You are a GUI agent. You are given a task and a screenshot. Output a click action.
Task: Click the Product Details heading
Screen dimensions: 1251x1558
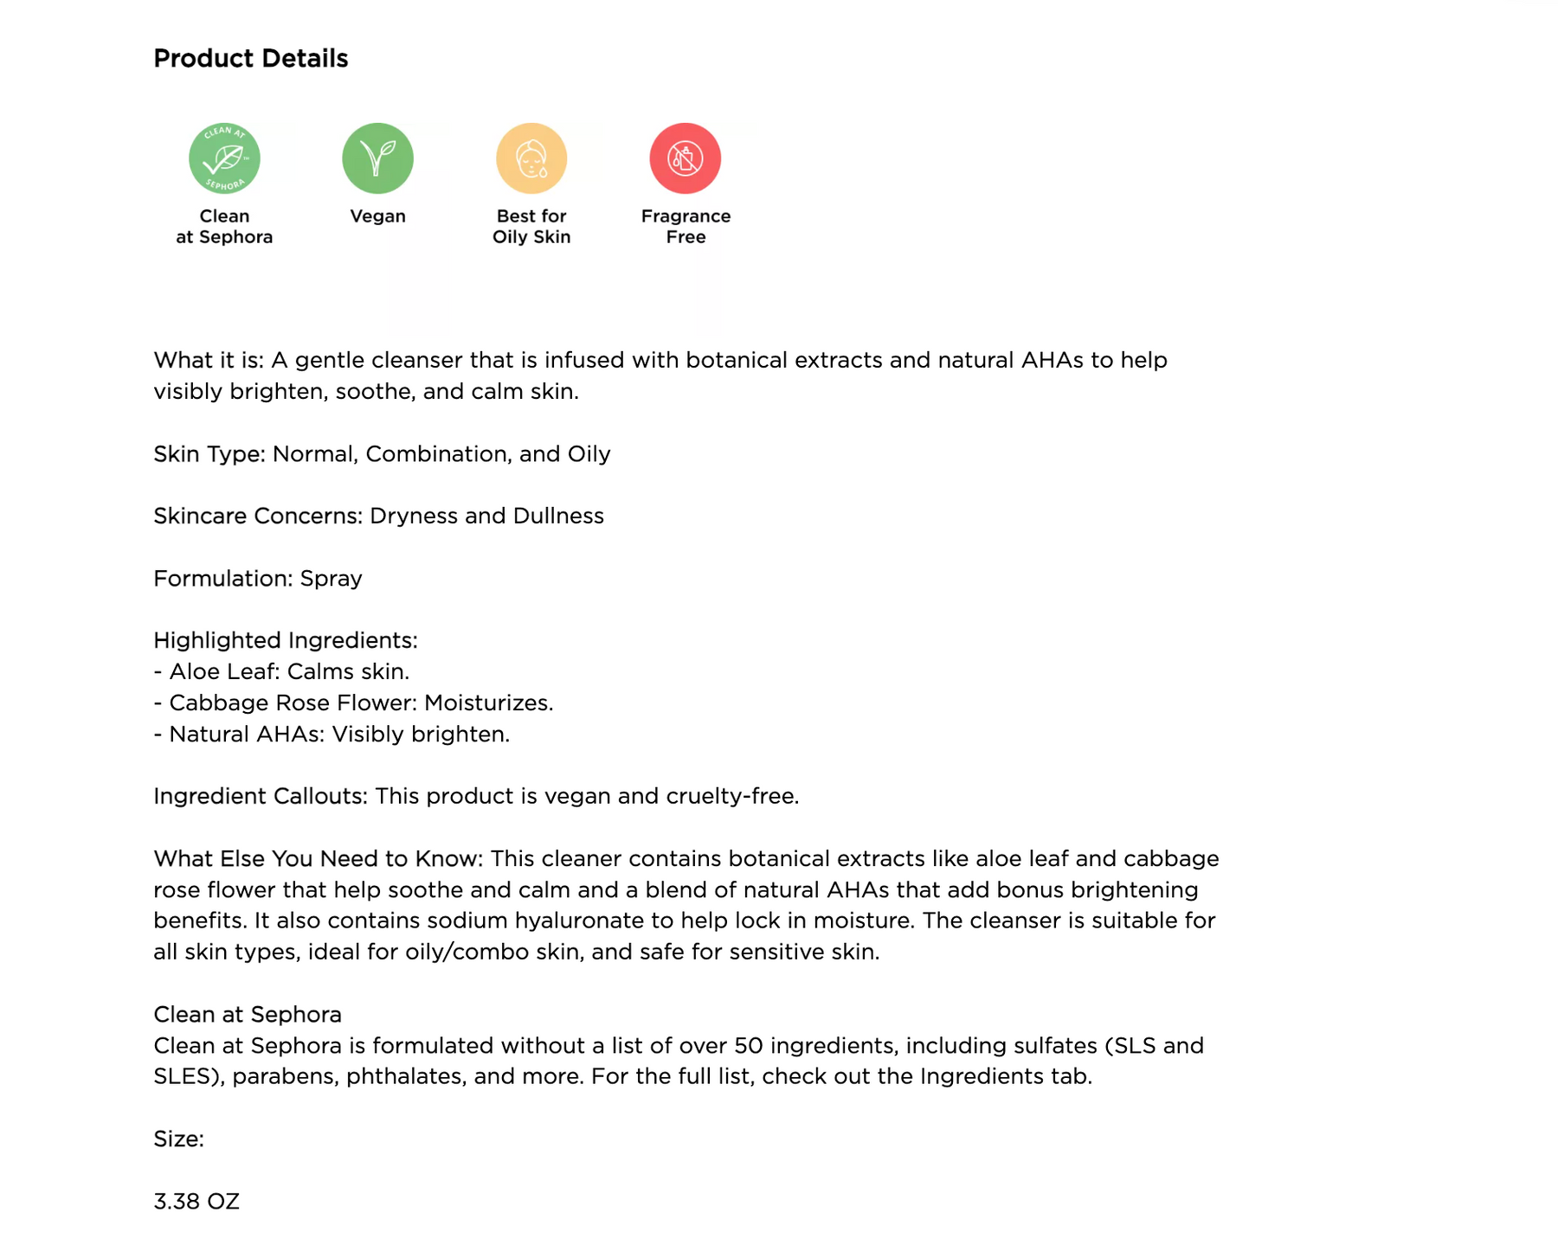(x=250, y=58)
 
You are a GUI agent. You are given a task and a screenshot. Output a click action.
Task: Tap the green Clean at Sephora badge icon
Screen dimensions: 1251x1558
(x=224, y=158)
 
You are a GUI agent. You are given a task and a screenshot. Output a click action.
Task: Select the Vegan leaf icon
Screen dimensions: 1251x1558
(x=377, y=158)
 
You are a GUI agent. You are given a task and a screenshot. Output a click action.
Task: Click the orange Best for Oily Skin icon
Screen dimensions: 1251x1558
(x=531, y=158)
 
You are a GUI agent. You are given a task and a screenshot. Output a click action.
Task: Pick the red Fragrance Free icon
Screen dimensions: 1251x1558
(x=685, y=158)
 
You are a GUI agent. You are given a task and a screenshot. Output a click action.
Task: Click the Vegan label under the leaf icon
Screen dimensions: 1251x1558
(x=377, y=216)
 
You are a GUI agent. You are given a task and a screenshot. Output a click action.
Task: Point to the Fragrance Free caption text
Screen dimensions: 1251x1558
(x=686, y=227)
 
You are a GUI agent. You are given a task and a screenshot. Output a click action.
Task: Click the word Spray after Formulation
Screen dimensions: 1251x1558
(x=331, y=578)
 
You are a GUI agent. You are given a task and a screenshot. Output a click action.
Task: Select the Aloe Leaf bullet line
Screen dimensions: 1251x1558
(x=281, y=671)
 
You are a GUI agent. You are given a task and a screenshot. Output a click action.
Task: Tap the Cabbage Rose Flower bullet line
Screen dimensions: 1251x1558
(x=353, y=702)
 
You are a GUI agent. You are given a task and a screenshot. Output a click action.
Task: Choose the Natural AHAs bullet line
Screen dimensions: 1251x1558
(x=332, y=734)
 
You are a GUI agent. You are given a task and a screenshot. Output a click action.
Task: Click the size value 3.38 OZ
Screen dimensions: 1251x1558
(x=196, y=1201)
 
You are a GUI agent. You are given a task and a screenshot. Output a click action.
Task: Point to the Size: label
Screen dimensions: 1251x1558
(x=178, y=1139)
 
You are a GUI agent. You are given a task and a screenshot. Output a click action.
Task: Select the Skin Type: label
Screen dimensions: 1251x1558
(x=209, y=453)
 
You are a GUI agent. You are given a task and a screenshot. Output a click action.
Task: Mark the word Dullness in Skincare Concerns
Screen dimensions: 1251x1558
(x=558, y=516)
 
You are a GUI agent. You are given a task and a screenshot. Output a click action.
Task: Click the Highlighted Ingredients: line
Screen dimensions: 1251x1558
(x=286, y=640)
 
